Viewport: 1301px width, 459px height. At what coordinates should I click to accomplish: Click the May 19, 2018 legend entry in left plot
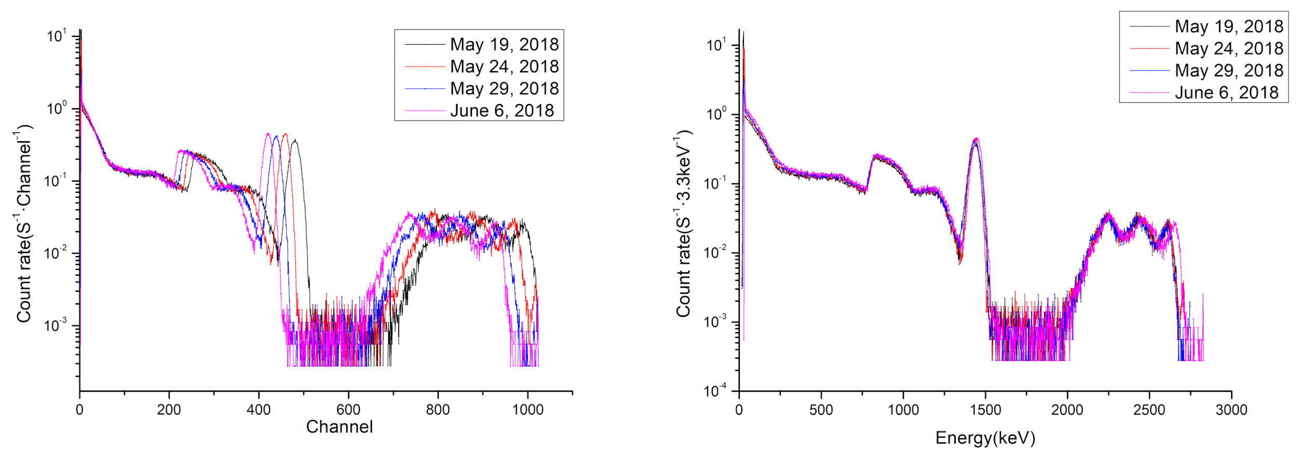coord(504,45)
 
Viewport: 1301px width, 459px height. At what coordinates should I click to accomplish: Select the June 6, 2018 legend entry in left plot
coord(502,111)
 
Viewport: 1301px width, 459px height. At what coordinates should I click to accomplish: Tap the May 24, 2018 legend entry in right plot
coord(1228,48)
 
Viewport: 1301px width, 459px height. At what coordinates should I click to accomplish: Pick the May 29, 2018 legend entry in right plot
coord(1228,70)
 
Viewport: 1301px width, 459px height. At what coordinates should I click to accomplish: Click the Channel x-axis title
coord(339,427)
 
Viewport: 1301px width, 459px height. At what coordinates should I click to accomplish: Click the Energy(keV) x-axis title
coord(985,438)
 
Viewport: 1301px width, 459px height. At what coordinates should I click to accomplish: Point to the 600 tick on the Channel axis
coord(348,410)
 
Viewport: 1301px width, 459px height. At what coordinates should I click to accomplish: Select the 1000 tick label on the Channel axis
coord(527,410)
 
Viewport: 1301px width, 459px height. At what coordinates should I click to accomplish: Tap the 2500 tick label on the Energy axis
coord(1149,410)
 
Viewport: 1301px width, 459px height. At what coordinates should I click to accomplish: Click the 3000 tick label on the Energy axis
coord(1231,410)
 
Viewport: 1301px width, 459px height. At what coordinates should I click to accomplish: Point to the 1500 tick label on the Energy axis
coord(985,410)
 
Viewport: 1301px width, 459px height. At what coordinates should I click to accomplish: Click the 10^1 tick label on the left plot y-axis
coord(57,36)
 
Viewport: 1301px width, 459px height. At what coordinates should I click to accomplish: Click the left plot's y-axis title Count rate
coord(24,223)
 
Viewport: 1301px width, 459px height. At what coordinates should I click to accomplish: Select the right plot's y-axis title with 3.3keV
coord(683,223)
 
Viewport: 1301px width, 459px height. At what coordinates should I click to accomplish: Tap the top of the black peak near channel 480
coord(295,140)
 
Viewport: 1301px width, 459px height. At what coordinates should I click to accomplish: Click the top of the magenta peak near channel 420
coord(267,133)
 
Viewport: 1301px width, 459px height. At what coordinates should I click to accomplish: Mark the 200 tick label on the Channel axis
coord(169,410)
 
